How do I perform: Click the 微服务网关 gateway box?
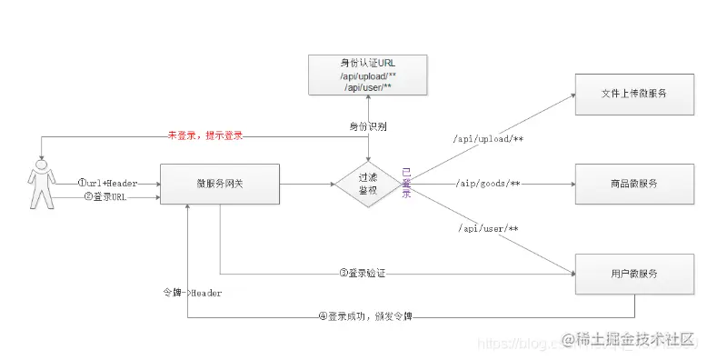(219, 184)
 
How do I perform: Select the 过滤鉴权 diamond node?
(368, 184)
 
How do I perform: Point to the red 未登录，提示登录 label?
(204, 135)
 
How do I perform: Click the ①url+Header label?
(107, 183)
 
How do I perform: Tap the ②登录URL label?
(105, 196)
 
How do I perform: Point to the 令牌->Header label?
(192, 293)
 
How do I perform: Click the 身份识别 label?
(367, 125)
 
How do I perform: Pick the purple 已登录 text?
(406, 184)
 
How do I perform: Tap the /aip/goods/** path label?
(489, 184)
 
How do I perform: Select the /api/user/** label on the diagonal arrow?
(488, 227)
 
